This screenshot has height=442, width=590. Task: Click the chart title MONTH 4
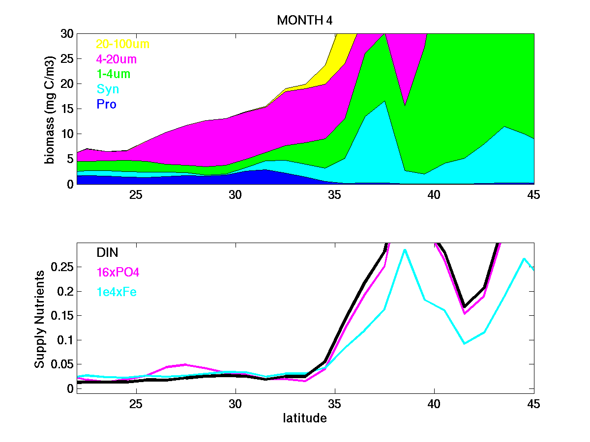pos(305,21)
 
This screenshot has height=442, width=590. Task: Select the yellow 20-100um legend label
pos(122,44)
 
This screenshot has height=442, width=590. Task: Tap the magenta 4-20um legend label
pos(117,59)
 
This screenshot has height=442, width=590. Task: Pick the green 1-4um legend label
pos(114,75)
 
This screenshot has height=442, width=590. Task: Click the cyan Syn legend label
pos(108,89)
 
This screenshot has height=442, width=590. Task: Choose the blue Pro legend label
pos(107,105)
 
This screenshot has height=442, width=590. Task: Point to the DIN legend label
pos(108,252)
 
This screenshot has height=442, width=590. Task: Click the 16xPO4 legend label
pos(118,273)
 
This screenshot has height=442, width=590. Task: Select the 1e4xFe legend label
pos(117,292)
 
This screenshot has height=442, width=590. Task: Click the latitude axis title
pos(305,418)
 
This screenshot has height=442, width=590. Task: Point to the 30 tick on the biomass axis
pos(67,34)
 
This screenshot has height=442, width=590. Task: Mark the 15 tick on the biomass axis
pos(67,109)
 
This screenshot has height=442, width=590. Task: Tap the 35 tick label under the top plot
pos(335,194)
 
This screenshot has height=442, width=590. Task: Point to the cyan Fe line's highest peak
pos(404,249)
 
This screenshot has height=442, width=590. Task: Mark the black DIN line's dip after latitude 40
pos(465,307)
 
